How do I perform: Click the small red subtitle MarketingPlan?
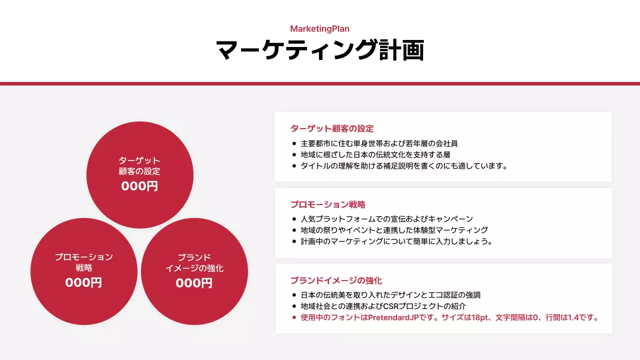click(319, 29)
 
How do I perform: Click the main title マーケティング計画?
click(320, 50)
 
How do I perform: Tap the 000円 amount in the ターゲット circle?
click(139, 186)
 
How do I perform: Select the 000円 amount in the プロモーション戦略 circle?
click(83, 282)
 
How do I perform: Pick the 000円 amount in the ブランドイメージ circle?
click(194, 283)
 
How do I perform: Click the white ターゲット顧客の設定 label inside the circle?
click(139, 166)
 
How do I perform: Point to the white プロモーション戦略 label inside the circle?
click(83, 262)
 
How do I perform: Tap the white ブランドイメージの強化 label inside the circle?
click(194, 263)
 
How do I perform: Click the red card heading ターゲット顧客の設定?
click(332, 128)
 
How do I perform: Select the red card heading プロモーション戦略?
click(328, 204)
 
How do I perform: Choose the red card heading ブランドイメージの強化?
click(336, 280)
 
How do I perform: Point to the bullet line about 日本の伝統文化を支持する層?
click(375, 155)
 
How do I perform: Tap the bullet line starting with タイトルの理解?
click(404, 166)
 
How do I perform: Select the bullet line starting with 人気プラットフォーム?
click(386, 219)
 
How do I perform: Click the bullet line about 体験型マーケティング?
click(394, 230)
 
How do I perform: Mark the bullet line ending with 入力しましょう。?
click(397, 241)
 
